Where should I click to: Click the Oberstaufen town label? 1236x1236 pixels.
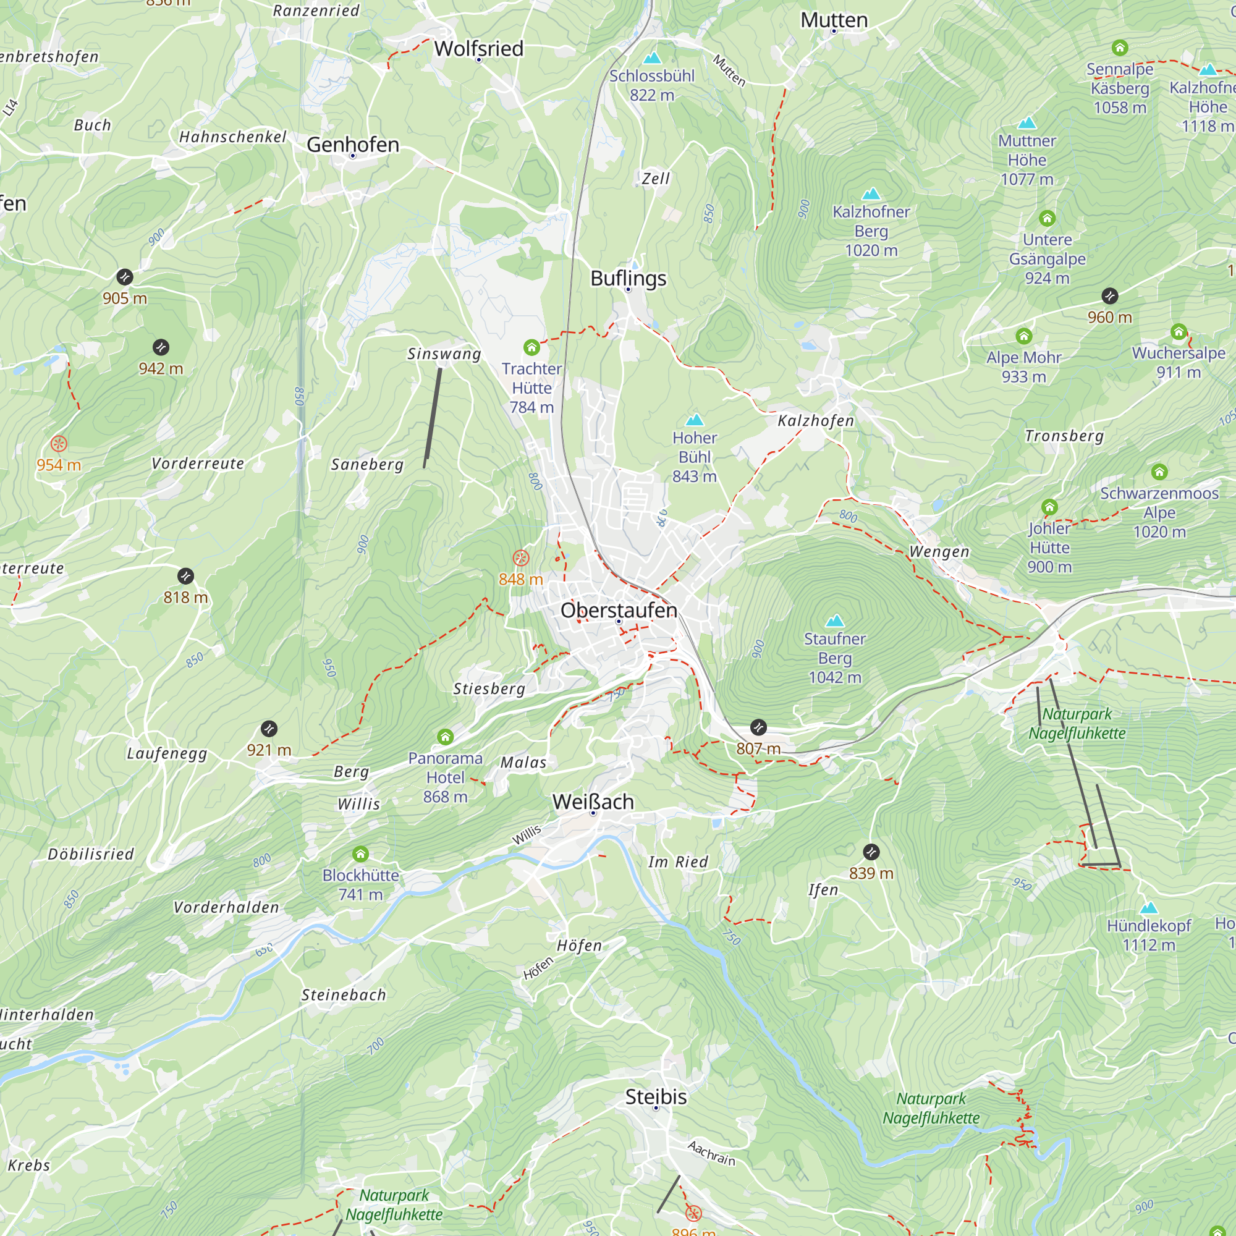[618, 610]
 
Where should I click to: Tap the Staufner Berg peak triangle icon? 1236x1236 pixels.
[834, 620]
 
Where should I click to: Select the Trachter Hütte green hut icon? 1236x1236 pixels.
[531, 347]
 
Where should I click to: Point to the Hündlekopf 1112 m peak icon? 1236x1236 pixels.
[1148, 907]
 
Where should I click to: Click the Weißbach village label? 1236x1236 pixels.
[593, 801]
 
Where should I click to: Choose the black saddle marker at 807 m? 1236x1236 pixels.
[758, 727]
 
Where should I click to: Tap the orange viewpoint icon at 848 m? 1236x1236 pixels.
[521, 558]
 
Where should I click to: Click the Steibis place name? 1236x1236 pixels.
[655, 1096]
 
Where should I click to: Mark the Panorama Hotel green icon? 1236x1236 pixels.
[445, 737]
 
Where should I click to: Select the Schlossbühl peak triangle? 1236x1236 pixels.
[651, 58]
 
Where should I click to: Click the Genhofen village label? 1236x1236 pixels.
[352, 145]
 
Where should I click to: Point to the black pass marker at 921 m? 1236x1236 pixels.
[269, 729]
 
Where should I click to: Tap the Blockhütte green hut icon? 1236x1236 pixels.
[360, 854]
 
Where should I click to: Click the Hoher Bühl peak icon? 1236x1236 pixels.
[694, 420]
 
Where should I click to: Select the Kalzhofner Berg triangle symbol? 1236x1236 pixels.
[871, 193]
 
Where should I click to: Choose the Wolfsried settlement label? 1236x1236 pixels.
[478, 49]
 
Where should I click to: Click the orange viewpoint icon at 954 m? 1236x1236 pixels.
[58, 443]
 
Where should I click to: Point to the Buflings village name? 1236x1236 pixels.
[628, 277]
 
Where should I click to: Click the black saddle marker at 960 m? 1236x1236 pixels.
[1109, 295]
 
